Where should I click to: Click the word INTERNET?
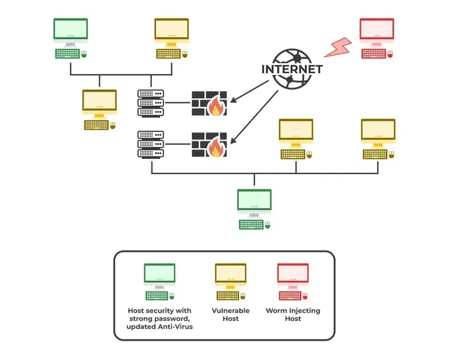pos(292,68)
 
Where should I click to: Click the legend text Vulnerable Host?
pos(230,314)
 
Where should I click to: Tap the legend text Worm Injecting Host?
pos(293,314)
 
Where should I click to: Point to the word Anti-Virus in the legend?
pos(175,326)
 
